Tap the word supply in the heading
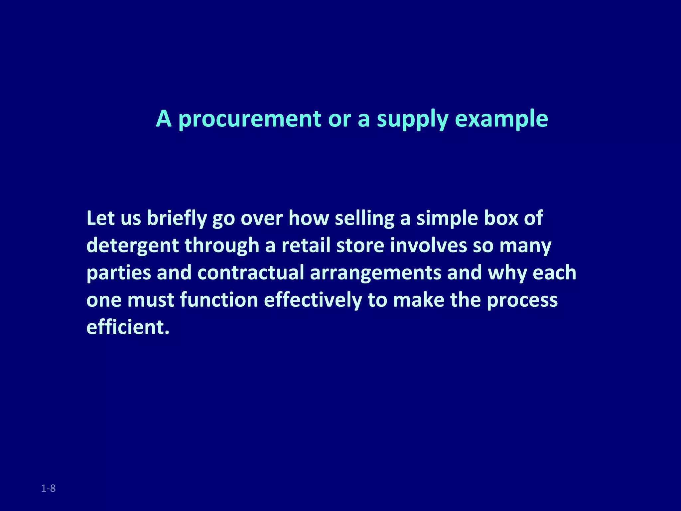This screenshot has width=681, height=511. coord(412,119)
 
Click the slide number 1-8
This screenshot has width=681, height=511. coord(48,488)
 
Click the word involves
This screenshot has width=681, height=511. coord(429,246)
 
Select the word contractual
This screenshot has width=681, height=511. coord(251,273)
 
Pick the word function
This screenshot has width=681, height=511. coord(219,300)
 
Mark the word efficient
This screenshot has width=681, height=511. coord(128,327)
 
